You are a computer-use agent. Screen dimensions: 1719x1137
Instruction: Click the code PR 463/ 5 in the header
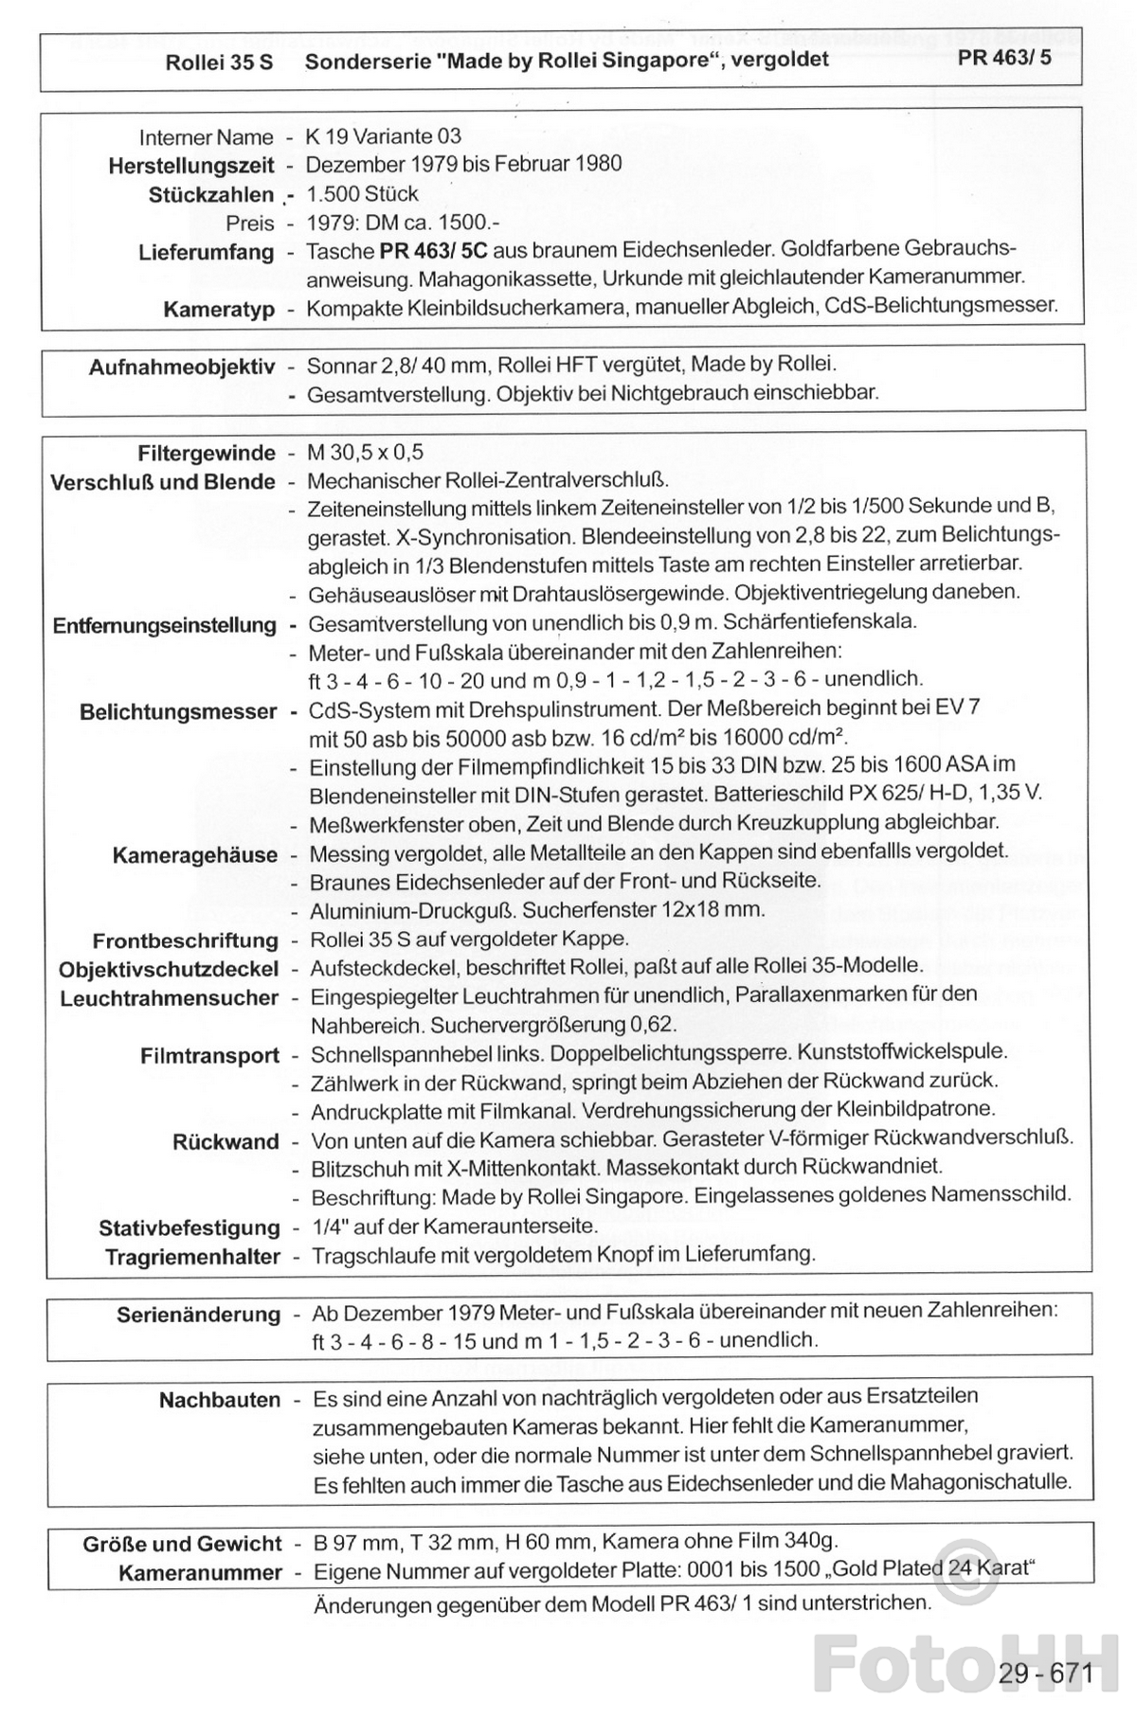coord(1003,58)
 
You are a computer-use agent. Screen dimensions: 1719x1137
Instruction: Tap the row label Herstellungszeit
coord(191,166)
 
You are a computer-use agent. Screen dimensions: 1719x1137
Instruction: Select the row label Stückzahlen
coord(210,195)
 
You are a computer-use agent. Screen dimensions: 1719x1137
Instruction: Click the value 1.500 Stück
coord(362,194)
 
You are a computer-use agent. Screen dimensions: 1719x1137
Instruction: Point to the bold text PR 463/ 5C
coord(435,252)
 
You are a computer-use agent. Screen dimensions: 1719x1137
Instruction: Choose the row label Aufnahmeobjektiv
coord(181,367)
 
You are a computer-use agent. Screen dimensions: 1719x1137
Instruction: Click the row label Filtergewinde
coord(207,453)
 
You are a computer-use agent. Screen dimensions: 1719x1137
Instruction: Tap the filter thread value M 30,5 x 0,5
coord(366,453)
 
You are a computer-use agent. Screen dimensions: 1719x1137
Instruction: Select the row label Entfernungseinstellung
coord(165,626)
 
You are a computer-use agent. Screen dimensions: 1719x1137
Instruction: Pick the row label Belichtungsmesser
coord(178,712)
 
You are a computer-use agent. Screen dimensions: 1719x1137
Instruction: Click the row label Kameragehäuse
coord(194,855)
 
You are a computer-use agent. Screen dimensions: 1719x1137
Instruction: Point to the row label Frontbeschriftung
coord(185,941)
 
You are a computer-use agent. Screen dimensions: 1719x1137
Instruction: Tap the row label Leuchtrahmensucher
coord(169,999)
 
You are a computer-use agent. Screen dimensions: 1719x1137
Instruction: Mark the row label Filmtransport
coord(209,1056)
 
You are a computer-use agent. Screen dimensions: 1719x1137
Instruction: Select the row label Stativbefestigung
coord(189,1228)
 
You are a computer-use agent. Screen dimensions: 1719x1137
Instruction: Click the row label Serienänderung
coord(198,1315)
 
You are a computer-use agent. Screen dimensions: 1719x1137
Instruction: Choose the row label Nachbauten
coord(220,1400)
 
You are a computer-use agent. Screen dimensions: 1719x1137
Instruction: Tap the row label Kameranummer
coord(200,1573)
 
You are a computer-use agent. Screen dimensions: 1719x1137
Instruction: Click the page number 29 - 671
coord(1045,1674)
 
